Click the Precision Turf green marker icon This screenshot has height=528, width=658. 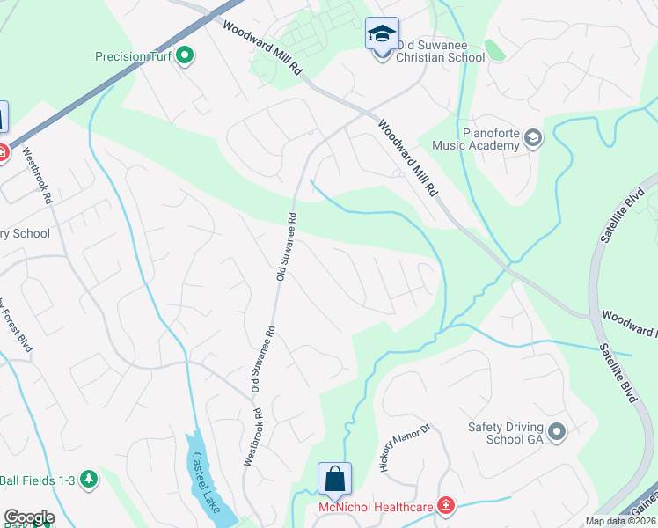(x=185, y=57)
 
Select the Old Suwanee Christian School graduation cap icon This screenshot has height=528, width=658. (x=382, y=35)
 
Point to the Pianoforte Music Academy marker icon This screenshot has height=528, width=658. (x=533, y=138)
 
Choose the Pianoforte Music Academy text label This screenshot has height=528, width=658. (x=486, y=138)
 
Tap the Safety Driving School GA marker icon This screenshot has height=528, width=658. (x=556, y=432)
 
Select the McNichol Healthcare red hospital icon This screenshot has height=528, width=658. (x=446, y=506)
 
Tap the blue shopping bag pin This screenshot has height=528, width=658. (x=334, y=480)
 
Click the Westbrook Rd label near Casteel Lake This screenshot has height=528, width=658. (x=252, y=436)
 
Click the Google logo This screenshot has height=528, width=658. (x=29, y=517)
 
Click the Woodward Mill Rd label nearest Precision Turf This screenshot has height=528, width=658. (x=261, y=52)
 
